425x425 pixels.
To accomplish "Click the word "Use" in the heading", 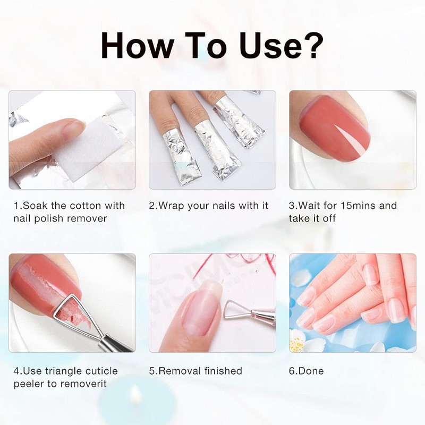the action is pos(270,46).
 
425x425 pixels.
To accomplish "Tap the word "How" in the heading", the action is pos(138,46).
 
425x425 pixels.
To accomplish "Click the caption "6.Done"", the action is pos(307,371).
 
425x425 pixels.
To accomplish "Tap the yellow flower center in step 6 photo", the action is pos(296,344).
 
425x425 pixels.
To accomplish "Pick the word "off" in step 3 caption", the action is pos(329,218).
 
